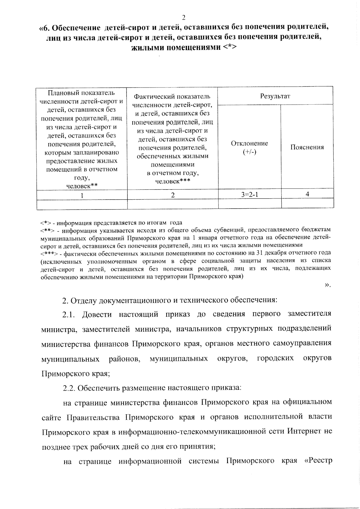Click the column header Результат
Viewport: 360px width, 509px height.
(x=275, y=96)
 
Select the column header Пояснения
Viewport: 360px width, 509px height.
(x=307, y=147)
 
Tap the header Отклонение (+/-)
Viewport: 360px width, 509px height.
(x=249, y=147)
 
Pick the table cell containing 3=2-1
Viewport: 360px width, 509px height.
(x=249, y=194)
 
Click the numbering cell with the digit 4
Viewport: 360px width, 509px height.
(x=307, y=194)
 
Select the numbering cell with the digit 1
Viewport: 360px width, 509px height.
(x=82, y=195)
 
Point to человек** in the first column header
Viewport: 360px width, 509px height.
(x=82, y=186)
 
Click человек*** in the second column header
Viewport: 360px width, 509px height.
(x=172, y=181)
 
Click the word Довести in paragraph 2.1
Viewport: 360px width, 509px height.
(x=97, y=314)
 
